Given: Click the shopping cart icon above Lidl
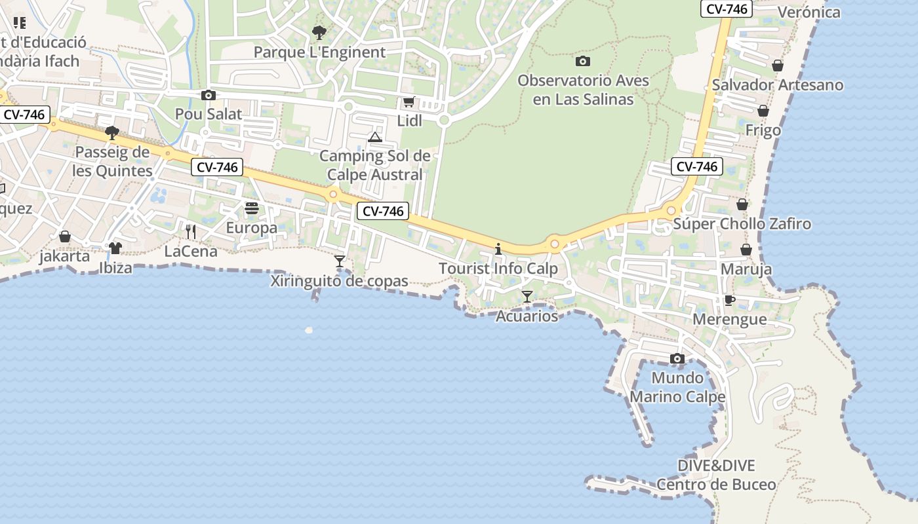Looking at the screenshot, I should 409,102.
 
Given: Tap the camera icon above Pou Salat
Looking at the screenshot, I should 209,96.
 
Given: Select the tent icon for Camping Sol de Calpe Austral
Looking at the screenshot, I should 374,137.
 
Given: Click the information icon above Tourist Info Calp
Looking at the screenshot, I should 498,249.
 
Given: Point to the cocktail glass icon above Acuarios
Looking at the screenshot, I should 527,297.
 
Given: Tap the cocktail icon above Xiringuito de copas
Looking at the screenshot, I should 340,261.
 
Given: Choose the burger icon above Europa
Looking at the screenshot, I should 252,209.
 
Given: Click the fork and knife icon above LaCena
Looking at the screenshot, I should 191,231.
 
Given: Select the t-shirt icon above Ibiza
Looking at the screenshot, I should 115,248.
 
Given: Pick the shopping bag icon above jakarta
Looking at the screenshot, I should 65,236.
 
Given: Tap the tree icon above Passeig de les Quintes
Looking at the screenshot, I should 112,133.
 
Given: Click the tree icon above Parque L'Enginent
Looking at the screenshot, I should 319,32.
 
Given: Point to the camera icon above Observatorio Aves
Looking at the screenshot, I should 582,62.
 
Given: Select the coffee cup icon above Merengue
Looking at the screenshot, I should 729,300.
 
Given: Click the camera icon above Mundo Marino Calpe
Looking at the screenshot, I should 677,359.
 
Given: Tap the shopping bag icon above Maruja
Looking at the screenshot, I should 746,250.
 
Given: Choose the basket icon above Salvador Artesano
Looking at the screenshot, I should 778,65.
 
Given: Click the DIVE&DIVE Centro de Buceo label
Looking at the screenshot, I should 716,476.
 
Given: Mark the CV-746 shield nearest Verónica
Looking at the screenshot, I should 726,9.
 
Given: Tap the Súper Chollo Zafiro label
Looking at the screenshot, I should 742,224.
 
